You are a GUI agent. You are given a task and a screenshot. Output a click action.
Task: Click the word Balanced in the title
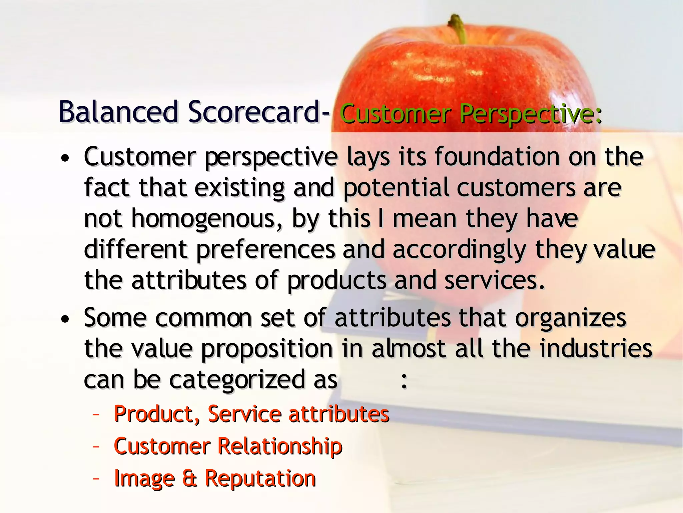click(x=119, y=112)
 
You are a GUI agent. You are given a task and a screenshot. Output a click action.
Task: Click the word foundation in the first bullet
click(x=497, y=157)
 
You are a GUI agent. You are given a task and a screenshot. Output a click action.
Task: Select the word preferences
click(x=265, y=250)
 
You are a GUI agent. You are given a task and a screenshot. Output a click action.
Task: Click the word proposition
click(x=267, y=349)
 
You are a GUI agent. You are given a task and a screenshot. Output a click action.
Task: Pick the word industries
click(x=596, y=349)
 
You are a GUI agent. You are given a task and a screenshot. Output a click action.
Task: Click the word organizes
click(x=571, y=318)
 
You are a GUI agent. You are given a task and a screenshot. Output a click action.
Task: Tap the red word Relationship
click(x=280, y=446)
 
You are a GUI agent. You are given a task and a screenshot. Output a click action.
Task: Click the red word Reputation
click(x=260, y=478)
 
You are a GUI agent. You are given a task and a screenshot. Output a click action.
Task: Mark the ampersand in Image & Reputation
click(x=189, y=478)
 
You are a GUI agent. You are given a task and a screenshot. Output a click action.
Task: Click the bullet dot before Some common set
click(x=65, y=319)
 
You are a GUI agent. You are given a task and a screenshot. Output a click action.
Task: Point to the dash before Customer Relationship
click(x=96, y=447)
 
